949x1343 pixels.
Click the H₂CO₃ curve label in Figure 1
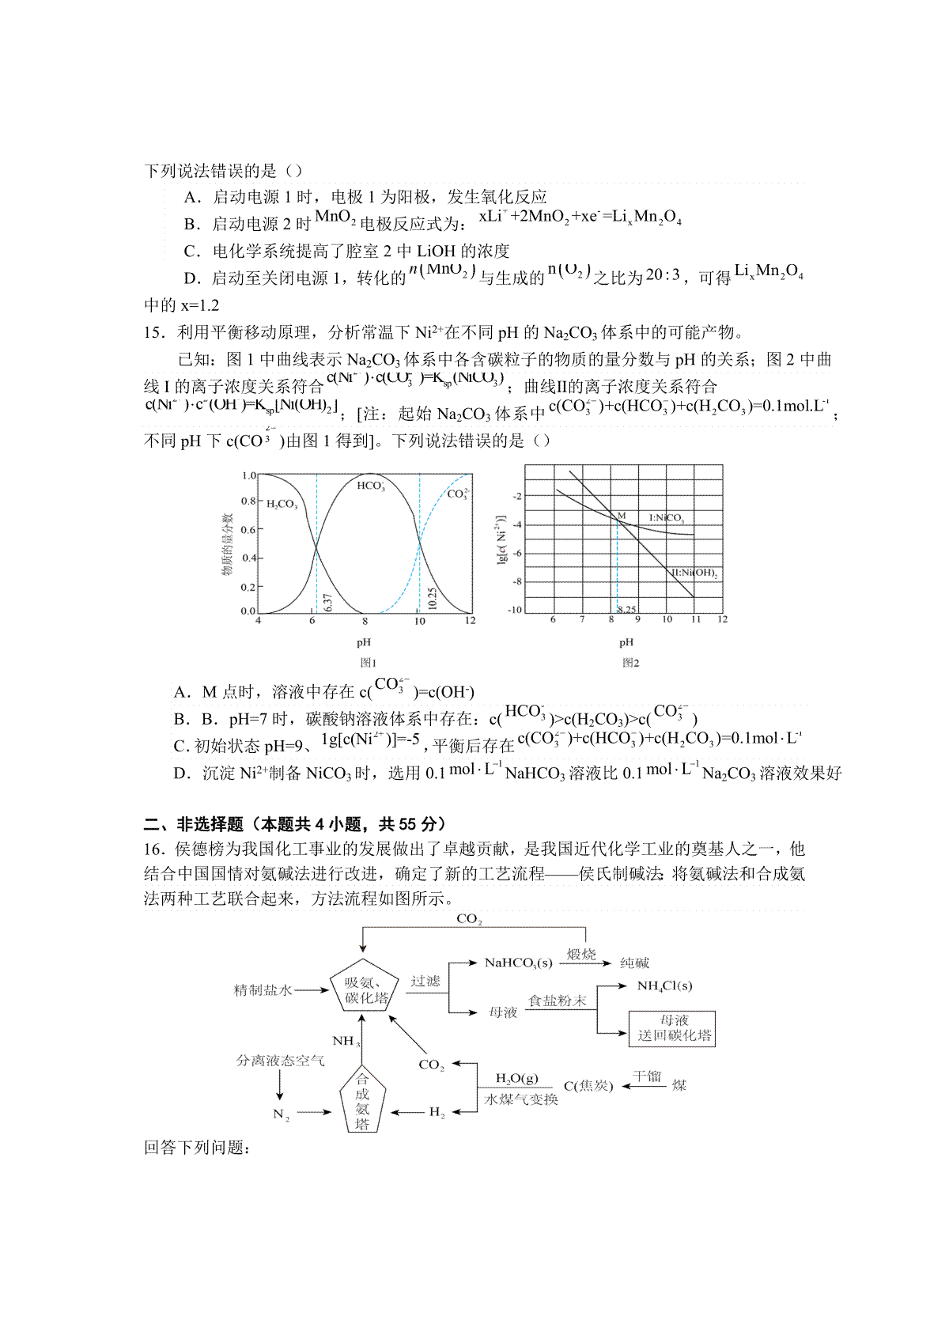pos(282,504)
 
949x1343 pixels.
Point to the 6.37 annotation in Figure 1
pos(327,603)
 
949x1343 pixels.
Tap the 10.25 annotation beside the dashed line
pos(432,598)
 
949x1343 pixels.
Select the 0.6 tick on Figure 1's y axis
pos(248,530)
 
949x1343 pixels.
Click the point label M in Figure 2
pos(622,516)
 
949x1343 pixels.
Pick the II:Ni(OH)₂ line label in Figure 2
pos(694,573)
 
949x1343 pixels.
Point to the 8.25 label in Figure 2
pos(626,609)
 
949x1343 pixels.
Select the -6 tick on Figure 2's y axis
pos(517,553)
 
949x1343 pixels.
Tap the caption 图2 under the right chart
pos(630,663)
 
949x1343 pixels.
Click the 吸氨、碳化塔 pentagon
pos(366,989)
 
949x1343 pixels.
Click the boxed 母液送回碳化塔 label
pos(675,1028)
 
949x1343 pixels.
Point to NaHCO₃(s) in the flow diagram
pos(518,963)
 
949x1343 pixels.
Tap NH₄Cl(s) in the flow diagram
pos(664,985)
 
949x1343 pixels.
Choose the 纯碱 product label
pos(634,963)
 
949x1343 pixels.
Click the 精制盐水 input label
pos(263,989)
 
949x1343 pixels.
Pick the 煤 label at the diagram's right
pos(679,1085)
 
